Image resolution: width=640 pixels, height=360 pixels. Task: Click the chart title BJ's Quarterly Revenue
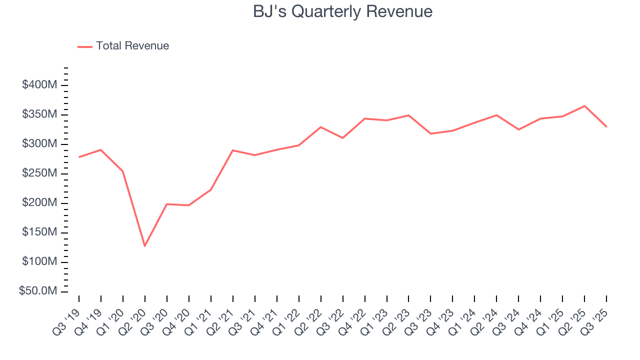pyautogui.click(x=342, y=11)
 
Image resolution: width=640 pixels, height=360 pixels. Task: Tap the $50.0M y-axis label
pyautogui.click(x=37, y=291)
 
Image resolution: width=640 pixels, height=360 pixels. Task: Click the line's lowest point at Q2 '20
pyautogui.click(x=145, y=246)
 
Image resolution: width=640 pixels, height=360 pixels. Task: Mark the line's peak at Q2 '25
pyautogui.click(x=584, y=106)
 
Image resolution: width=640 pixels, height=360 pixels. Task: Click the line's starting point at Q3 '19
pyautogui.click(x=79, y=157)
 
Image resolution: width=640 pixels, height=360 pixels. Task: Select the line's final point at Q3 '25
pyautogui.click(x=606, y=126)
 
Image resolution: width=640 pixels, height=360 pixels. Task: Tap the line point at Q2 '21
pyautogui.click(x=233, y=150)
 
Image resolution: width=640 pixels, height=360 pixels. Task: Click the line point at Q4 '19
pyautogui.click(x=101, y=149)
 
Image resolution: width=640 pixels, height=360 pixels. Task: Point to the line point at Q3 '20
pyautogui.click(x=167, y=204)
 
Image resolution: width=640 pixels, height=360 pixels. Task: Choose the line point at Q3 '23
pyautogui.click(x=430, y=133)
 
